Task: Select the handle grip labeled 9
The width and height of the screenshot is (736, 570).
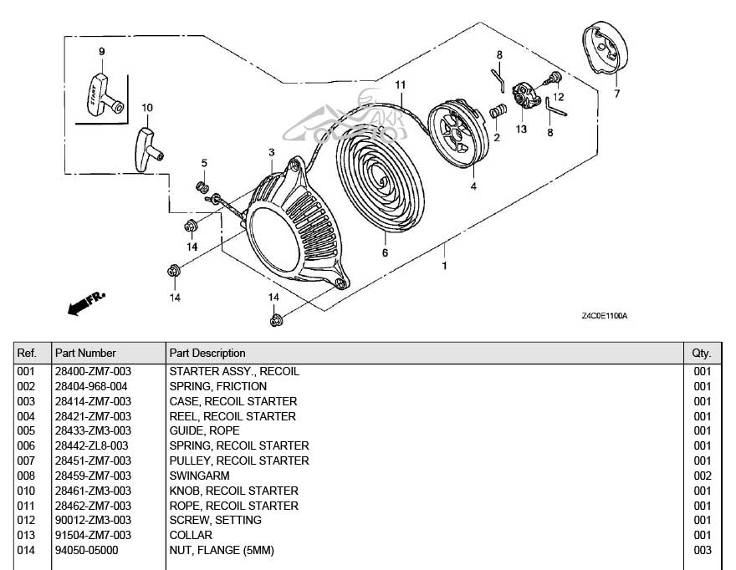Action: [x=101, y=90]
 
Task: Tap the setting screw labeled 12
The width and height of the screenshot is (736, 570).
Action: [x=553, y=79]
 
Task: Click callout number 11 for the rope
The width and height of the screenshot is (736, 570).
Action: [x=401, y=84]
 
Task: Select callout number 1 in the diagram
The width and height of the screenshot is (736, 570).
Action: [x=444, y=266]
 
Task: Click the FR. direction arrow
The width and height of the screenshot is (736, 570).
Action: [x=85, y=303]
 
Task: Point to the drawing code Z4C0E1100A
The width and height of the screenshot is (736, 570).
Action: [x=604, y=316]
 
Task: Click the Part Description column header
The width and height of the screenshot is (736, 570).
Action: [x=207, y=353]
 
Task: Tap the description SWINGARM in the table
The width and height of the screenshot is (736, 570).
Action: [x=199, y=476]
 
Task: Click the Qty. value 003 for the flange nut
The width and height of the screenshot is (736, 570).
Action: [x=702, y=550]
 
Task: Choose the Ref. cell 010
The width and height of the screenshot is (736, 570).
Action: [x=26, y=491]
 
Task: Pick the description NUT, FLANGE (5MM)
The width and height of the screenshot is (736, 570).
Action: [x=222, y=550]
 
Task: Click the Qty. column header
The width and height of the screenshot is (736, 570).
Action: [x=701, y=353]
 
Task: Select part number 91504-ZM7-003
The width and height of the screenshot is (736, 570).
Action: [x=92, y=535]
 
